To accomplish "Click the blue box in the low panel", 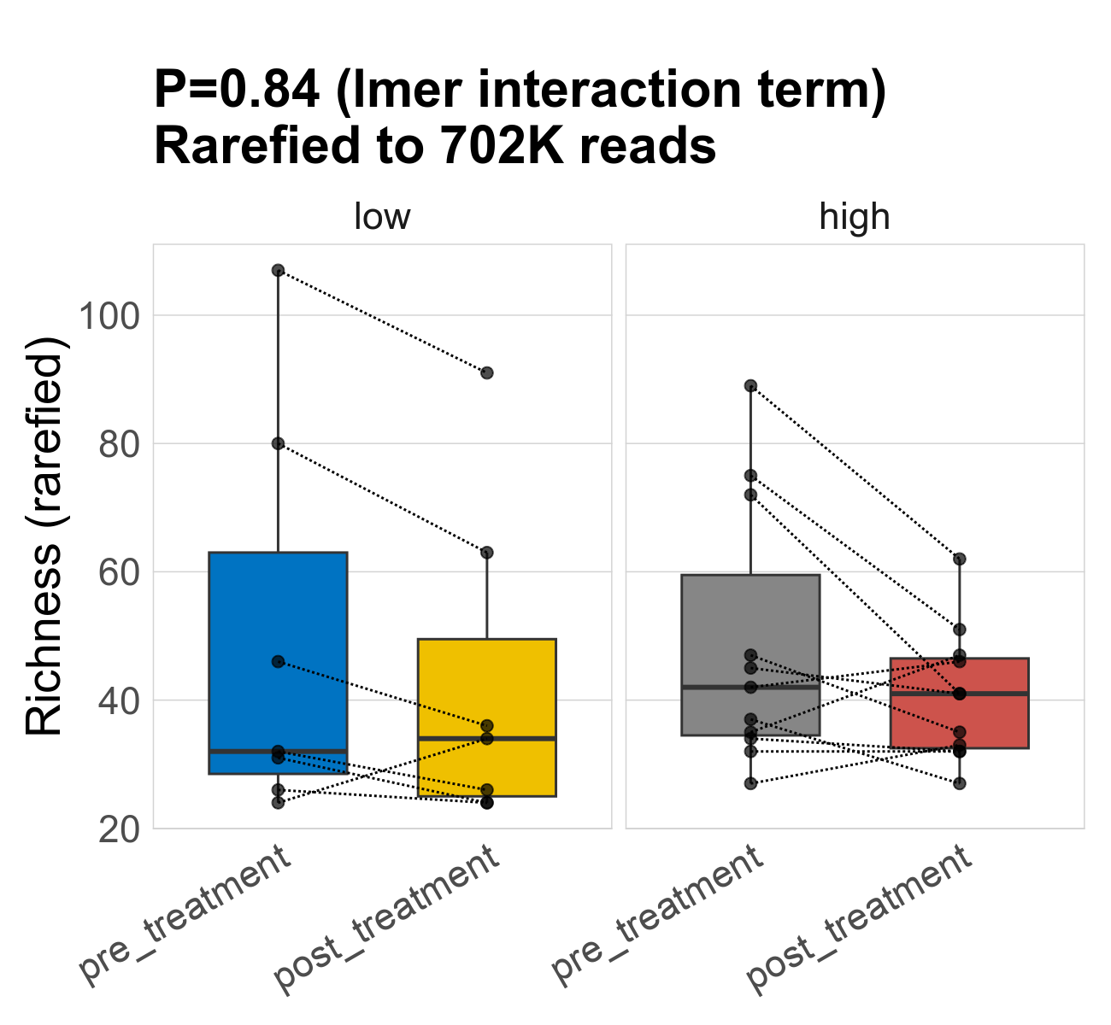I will point(278,649).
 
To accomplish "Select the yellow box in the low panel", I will point(486,683).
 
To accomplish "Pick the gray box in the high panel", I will point(750,632).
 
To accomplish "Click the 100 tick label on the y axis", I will point(109,316).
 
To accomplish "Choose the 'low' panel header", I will point(382,217).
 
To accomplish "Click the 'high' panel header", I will point(855,217).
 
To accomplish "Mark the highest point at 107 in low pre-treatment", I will point(278,270).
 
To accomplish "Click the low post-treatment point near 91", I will point(486,372).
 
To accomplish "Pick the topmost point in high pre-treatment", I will point(750,385).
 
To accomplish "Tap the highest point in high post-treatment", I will point(959,559).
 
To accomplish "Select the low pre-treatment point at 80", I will point(278,443).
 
